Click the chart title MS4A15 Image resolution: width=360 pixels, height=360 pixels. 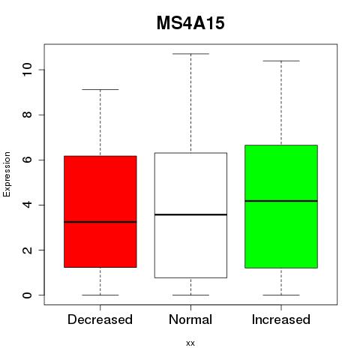[190, 23]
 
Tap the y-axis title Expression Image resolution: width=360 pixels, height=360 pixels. [7, 174]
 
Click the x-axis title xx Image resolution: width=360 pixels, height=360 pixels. [190, 343]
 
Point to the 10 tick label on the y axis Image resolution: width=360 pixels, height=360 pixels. [27, 70]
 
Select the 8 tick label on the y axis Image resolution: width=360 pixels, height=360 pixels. [27, 115]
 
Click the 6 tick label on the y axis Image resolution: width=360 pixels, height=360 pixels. [27, 160]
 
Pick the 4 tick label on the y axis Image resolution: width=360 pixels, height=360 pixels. [27, 205]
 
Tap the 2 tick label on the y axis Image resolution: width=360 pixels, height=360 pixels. [27, 250]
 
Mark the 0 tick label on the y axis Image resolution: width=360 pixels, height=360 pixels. [27, 295]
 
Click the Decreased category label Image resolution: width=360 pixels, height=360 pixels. [100, 319]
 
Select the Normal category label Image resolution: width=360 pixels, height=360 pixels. [190, 319]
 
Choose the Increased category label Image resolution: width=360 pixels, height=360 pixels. [281, 319]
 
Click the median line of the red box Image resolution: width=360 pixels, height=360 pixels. [100, 222]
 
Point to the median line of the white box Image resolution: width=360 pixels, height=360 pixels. [190, 214]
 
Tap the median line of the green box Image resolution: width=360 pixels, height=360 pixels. [281, 201]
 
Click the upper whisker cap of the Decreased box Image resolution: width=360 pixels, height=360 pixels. [100, 89]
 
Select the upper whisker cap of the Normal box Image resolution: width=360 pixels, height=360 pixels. [190, 54]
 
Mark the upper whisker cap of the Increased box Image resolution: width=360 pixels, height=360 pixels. [281, 61]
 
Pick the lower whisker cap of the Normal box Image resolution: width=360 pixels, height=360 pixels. [190, 295]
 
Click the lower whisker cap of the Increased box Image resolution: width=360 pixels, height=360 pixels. [281, 295]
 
